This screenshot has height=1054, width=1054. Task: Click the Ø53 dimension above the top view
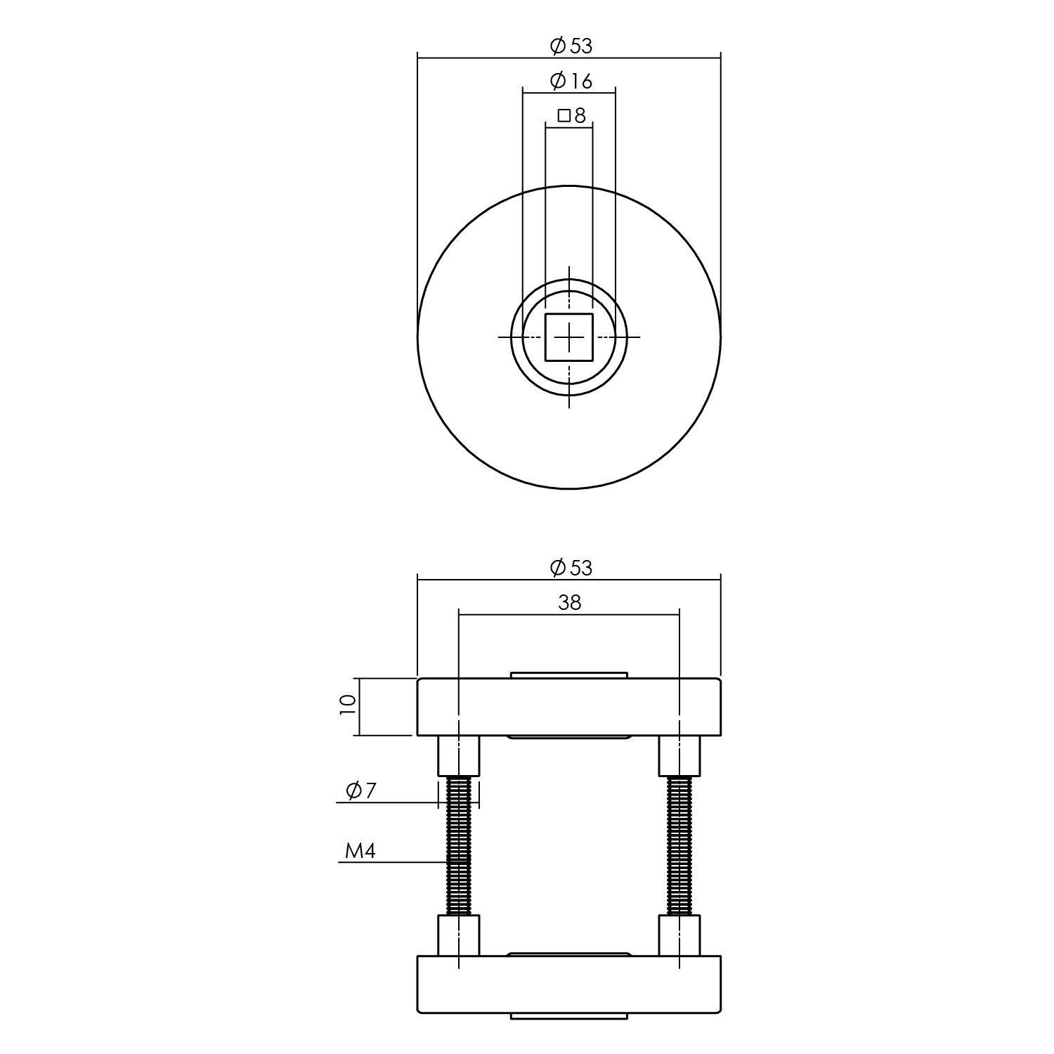click(571, 46)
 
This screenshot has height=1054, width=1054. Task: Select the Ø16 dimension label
click(571, 81)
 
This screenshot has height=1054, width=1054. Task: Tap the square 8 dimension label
click(571, 115)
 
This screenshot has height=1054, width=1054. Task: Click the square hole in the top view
click(569, 337)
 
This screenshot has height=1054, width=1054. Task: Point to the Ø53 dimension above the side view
click(571, 568)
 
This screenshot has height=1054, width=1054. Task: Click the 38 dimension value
click(570, 602)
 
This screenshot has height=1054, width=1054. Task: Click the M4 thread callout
click(361, 852)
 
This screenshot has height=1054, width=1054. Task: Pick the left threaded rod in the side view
click(459, 846)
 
